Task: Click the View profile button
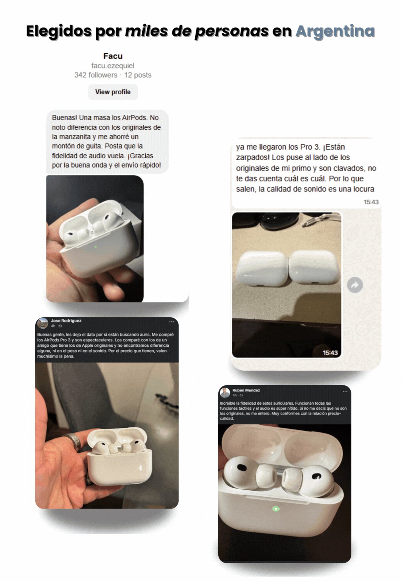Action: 113,92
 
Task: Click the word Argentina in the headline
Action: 335,31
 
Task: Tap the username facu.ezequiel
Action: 113,66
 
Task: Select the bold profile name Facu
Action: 113,56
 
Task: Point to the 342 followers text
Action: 96,75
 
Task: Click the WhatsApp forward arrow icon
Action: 355,285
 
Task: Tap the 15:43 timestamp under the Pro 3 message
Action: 371,202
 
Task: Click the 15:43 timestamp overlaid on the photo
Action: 330,353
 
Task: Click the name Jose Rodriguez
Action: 66,321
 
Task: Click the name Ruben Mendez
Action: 246,390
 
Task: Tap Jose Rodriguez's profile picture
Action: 43,323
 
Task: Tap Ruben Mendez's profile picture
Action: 225,393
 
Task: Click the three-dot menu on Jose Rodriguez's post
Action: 172,322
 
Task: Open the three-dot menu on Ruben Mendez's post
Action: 345,391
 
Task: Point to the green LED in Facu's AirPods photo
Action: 95,247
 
